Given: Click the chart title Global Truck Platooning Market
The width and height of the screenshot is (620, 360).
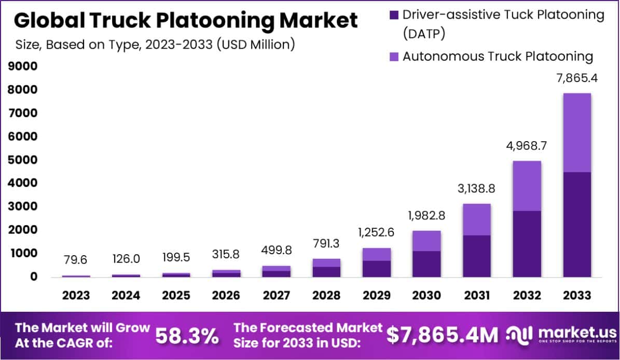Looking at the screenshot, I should (x=185, y=21).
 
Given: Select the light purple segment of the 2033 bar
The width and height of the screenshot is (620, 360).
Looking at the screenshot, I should (x=577, y=133).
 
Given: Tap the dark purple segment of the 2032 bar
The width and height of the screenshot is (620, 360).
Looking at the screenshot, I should (x=527, y=244).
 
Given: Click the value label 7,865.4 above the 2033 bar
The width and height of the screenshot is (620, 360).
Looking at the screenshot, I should (x=577, y=79).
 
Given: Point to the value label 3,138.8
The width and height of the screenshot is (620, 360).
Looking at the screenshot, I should (x=477, y=189).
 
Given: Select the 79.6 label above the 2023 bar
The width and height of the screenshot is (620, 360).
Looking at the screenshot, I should (x=76, y=260).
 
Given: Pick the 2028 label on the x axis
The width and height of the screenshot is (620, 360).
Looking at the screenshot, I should (x=326, y=295).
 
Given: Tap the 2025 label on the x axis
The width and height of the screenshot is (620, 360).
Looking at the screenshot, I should (x=176, y=295).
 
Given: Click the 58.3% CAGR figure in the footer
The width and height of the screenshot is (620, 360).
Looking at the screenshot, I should (x=187, y=336).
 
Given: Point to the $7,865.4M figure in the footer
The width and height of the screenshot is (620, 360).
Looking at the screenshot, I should (x=443, y=336).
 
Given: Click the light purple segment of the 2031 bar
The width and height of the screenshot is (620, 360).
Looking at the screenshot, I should (x=477, y=219).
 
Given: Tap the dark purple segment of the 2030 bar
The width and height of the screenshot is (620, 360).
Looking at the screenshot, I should (x=426, y=264).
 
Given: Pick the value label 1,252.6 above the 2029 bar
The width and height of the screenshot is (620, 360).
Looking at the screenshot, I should (x=377, y=232).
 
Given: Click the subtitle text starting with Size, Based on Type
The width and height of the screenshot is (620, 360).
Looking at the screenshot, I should (x=155, y=44).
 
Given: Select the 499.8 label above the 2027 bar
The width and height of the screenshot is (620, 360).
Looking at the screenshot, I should (x=276, y=250).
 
